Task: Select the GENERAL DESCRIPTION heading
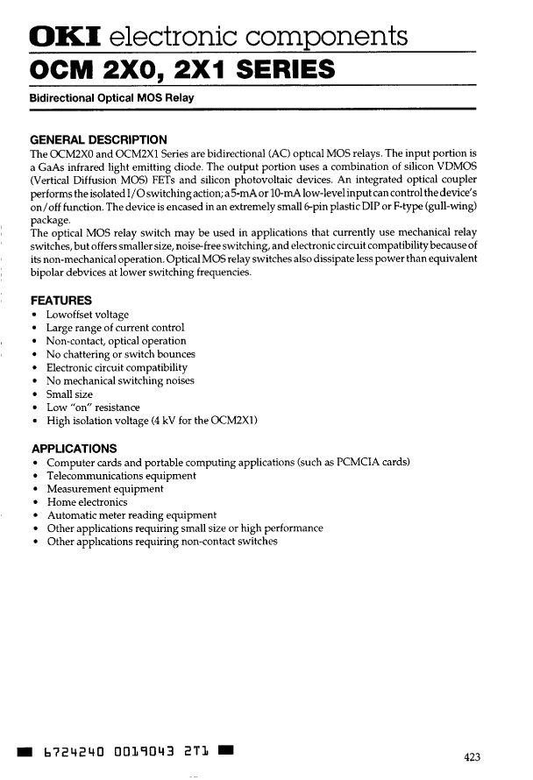[98, 139]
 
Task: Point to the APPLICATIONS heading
[74, 448]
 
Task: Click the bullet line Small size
[71, 394]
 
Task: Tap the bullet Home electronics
[86, 502]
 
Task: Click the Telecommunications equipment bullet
[121, 476]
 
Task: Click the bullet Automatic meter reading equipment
[131, 515]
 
